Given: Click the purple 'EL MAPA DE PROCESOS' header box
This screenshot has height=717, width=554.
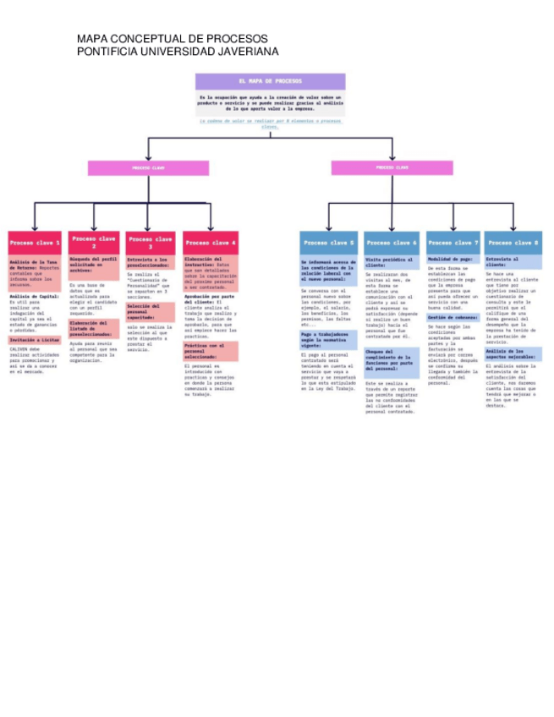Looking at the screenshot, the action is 270,81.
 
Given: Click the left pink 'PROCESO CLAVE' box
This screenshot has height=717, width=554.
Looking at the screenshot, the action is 148,168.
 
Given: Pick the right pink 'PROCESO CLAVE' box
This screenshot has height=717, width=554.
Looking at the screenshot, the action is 392,168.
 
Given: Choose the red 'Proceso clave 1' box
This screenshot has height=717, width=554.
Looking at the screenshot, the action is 35,243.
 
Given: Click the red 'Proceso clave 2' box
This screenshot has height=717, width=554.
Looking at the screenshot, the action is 94,242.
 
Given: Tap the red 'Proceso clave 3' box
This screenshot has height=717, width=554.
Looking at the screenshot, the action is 151,243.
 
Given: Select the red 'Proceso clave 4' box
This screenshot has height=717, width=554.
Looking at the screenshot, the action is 211,243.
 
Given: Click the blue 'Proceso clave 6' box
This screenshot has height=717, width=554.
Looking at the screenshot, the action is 392,243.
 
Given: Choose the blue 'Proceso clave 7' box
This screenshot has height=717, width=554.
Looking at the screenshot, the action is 453,243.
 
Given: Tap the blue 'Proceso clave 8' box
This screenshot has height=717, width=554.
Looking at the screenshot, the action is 513,243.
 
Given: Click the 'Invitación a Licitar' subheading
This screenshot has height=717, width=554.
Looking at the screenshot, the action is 35,340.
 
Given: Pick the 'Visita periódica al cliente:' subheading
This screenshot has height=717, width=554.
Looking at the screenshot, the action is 391,263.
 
